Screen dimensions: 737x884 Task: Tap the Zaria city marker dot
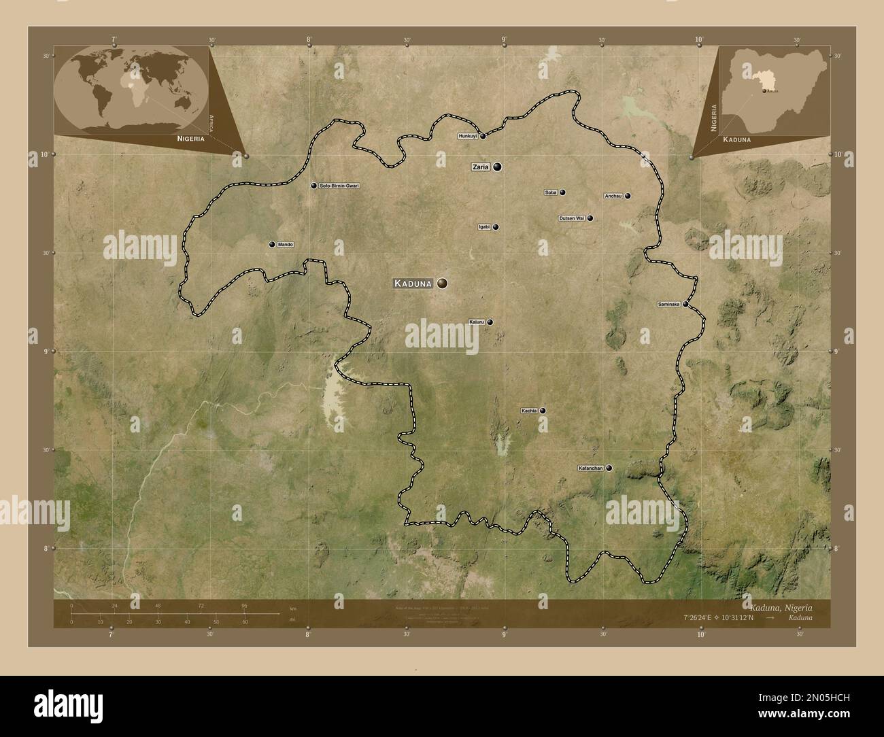(x=498, y=167)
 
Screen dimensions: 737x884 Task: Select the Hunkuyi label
(x=468, y=136)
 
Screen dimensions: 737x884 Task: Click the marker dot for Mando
(x=271, y=244)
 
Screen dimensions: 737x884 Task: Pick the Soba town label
(x=551, y=192)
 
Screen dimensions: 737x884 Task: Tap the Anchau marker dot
(x=628, y=196)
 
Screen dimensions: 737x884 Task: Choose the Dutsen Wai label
(x=571, y=218)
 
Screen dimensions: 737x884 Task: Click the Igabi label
(x=484, y=227)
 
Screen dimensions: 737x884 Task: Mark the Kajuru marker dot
(x=490, y=322)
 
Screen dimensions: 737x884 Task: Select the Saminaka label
(x=669, y=305)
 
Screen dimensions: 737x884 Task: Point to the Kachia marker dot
(x=543, y=411)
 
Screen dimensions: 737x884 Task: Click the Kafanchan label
(x=590, y=468)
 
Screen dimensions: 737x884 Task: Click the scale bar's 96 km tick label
(x=243, y=605)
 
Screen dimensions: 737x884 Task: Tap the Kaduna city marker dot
(x=443, y=284)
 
